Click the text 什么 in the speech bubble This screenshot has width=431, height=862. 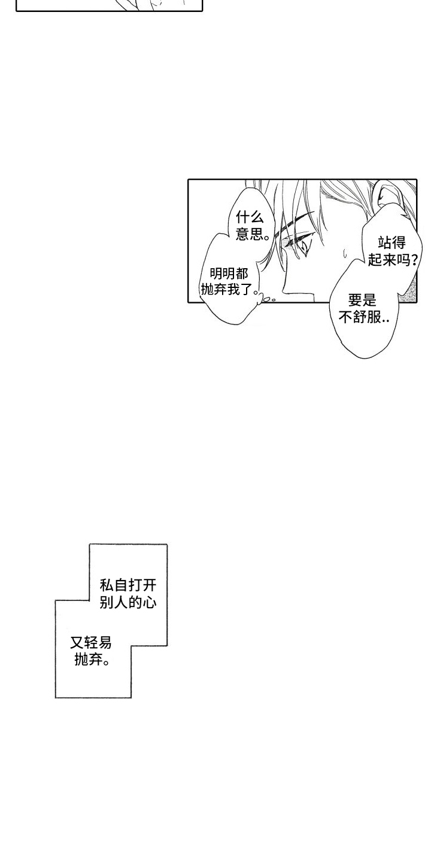(x=250, y=218)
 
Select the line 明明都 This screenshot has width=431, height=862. (x=229, y=274)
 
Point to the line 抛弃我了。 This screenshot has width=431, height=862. (x=230, y=290)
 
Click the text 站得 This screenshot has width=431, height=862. (x=391, y=243)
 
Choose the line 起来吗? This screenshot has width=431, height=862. (x=393, y=260)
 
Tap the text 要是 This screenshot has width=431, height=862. (x=362, y=300)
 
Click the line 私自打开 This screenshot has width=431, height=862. (x=128, y=585)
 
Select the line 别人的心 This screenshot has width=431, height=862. (x=128, y=602)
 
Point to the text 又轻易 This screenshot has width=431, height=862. (x=91, y=642)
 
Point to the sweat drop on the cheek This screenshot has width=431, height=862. (x=345, y=252)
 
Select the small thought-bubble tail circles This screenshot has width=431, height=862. (x=266, y=299)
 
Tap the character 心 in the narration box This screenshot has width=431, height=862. (x=150, y=602)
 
